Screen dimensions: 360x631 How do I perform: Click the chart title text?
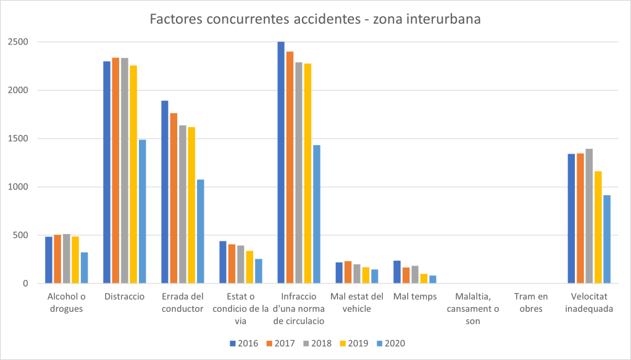[x=315, y=19]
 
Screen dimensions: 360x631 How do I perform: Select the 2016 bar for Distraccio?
[x=107, y=172]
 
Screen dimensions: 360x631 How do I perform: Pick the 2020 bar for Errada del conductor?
[x=200, y=232]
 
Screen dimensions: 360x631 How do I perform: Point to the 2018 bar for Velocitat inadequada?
[x=589, y=216]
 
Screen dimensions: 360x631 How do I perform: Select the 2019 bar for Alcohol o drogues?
[x=75, y=260]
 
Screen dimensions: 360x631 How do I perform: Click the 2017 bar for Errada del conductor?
[x=173, y=198]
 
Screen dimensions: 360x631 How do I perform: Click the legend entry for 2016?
[x=244, y=343]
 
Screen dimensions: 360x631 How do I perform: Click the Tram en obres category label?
[x=530, y=303]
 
